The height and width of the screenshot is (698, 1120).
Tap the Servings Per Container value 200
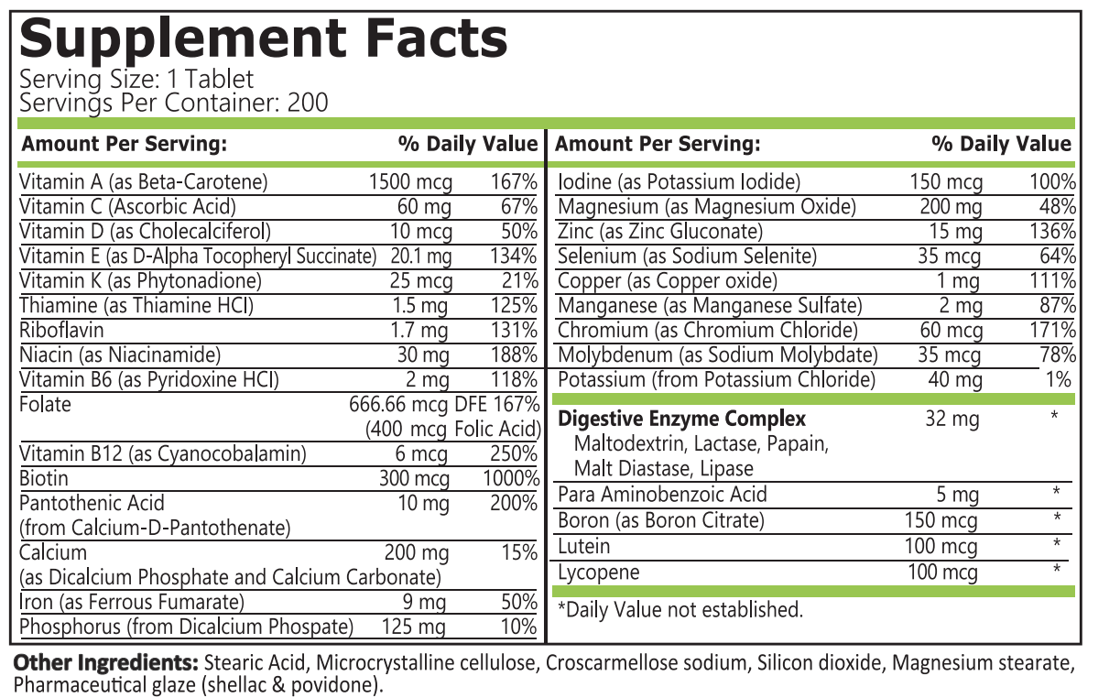tap(308, 103)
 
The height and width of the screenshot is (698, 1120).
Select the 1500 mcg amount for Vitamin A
tap(410, 181)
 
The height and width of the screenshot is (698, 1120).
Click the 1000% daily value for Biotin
tap(511, 478)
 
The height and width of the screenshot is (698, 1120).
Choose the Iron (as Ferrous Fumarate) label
tap(132, 602)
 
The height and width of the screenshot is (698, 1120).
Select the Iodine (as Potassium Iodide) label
tap(679, 181)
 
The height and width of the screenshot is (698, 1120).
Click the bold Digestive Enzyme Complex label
tap(682, 419)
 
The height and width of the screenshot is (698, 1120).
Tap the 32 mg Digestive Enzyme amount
tap(952, 419)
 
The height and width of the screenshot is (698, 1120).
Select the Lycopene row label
tap(598, 573)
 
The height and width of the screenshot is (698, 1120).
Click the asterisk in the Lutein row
tap(1056, 545)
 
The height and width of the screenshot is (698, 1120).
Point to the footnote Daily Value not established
tap(680, 609)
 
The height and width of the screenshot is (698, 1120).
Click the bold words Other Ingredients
tap(105, 662)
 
